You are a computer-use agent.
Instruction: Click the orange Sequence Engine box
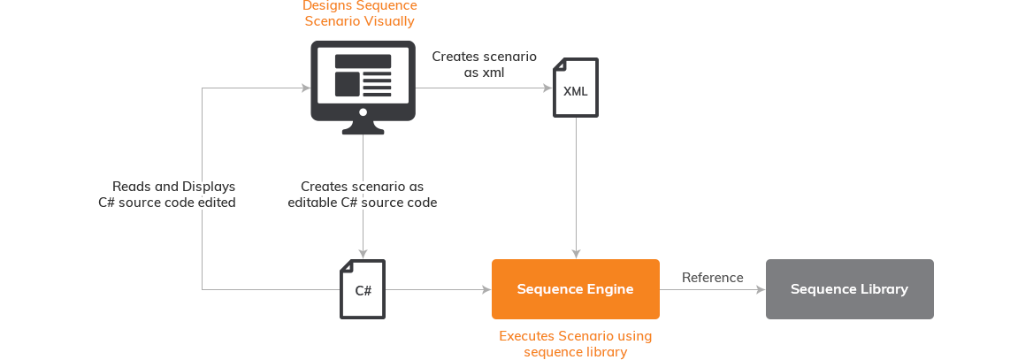[575, 289]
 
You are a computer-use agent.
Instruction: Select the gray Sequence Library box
[849, 289]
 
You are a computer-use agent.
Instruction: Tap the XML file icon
[576, 88]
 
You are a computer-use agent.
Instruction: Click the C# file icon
[363, 289]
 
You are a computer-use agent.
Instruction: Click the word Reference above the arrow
[712, 278]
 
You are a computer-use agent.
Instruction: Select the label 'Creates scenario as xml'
[484, 65]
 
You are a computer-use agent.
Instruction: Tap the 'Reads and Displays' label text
[173, 187]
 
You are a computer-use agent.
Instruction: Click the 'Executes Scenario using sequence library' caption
[575, 344]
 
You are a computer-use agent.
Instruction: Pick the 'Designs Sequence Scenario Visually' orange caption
[359, 13]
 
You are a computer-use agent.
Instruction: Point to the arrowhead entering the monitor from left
[305, 88]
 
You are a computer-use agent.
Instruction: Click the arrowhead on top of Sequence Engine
[577, 255]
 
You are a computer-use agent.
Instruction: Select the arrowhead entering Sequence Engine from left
[486, 289]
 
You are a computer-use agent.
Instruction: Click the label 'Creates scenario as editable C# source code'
[363, 195]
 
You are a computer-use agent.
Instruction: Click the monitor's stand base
[363, 130]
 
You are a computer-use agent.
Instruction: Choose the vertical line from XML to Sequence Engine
[577, 186]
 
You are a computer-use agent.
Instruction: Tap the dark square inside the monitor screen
[347, 84]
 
